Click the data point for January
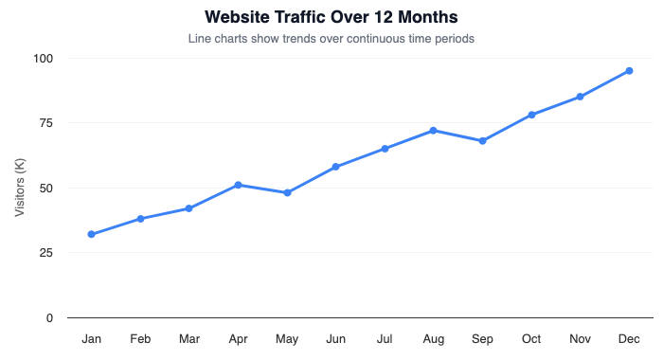coord(91,234)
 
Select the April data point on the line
coord(238,185)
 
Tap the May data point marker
coord(287,192)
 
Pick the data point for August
coord(433,131)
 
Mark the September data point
coord(482,141)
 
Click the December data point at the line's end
coord(629,71)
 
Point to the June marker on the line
coord(335,167)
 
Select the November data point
coord(580,97)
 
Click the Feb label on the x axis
coord(140,338)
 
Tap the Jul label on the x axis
coord(385,338)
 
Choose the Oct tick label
coord(531,338)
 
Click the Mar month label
coord(189,338)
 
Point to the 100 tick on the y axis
coord(44,59)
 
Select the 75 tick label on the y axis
coord(46,123)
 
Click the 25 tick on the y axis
coord(46,253)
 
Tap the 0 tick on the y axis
coord(50,317)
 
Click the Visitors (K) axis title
coord(20,188)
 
